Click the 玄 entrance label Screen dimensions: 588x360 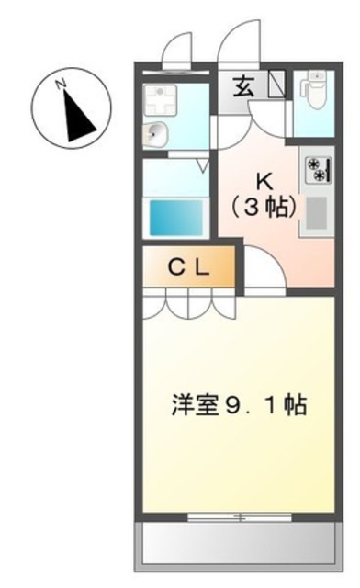(244, 89)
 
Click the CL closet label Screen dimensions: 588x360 (189, 268)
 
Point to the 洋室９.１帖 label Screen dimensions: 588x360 (238, 403)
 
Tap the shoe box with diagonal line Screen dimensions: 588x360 (276, 89)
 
